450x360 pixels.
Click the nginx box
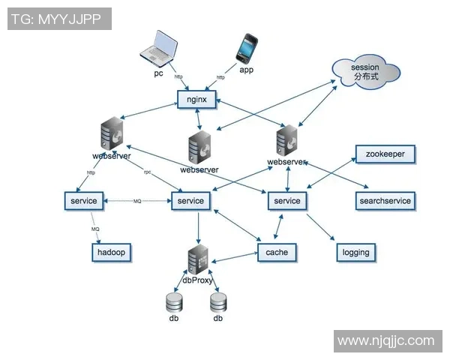click(197, 99)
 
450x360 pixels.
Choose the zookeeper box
click(385, 154)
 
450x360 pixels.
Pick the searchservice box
click(385, 201)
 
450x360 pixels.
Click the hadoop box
click(111, 253)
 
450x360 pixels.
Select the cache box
click(277, 253)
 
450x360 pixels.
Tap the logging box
click(355, 253)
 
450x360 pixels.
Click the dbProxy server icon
click(198, 259)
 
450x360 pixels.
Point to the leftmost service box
click(84, 201)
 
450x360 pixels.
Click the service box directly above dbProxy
click(191, 201)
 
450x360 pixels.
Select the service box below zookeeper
click(287, 201)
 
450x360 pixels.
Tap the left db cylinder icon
click(174, 302)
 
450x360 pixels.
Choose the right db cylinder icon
click(218, 302)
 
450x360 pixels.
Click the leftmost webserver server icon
click(112, 135)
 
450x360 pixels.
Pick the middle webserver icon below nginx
click(199, 147)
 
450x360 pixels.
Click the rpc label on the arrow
click(148, 172)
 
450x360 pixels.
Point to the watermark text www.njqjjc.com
click(385, 340)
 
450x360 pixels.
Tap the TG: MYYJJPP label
click(60, 19)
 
